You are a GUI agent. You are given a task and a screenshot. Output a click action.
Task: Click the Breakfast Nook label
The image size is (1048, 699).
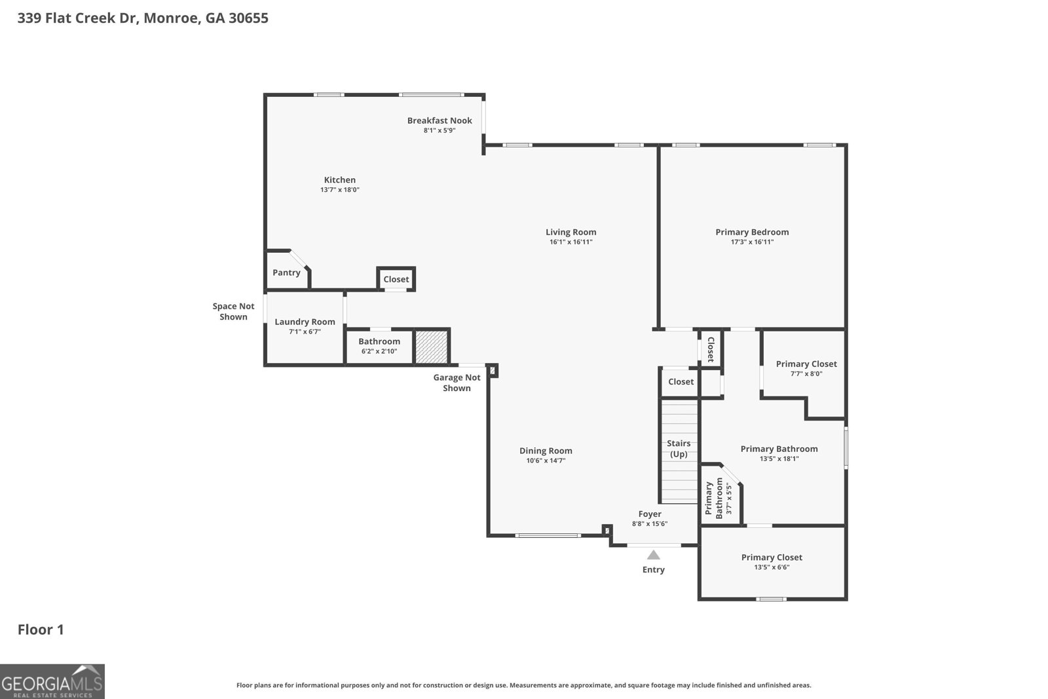tap(440, 121)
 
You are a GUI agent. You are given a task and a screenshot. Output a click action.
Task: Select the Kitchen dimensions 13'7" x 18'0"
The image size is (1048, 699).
tap(340, 190)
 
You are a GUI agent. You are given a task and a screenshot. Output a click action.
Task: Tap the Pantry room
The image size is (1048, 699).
tap(286, 273)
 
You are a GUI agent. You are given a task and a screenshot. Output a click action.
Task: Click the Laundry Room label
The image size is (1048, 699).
tap(305, 322)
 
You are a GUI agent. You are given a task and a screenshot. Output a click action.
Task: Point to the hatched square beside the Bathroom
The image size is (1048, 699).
tap(432, 347)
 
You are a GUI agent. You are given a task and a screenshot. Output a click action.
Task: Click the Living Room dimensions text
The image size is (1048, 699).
tap(571, 242)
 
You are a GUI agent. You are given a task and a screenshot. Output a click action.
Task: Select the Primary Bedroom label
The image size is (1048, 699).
tap(752, 232)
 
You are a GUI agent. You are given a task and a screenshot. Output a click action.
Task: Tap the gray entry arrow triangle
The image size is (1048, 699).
tap(654, 555)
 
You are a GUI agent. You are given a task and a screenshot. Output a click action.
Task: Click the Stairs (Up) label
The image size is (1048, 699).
tap(679, 449)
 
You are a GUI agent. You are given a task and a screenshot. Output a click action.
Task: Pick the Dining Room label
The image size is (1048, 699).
tap(546, 451)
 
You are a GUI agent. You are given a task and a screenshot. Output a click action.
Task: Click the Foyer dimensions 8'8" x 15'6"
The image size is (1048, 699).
tap(650, 524)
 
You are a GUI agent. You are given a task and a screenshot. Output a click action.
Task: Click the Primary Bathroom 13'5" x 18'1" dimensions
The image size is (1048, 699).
tap(779, 459)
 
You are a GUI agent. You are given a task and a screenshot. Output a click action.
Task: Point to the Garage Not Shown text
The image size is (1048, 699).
tap(457, 383)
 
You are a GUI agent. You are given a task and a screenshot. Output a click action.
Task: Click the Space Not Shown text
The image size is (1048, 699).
tap(233, 311)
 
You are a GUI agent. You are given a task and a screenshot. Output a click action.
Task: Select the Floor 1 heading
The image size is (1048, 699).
tap(41, 630)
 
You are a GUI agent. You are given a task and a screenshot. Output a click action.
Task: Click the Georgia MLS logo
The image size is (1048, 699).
tap(52, 681)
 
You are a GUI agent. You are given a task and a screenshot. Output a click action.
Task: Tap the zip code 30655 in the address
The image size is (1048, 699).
tap(248, 18)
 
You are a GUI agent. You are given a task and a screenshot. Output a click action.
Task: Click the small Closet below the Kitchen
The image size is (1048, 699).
tap(396, 279)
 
